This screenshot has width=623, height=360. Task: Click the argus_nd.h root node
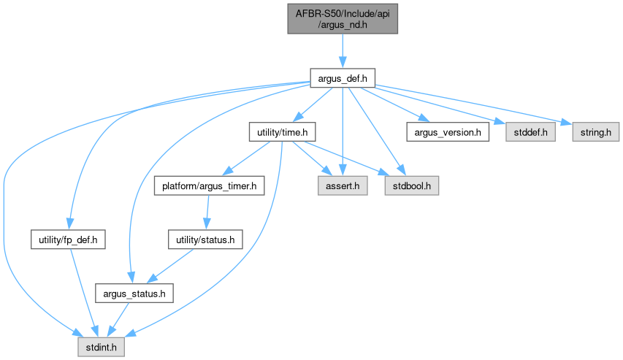[x=343, y=18]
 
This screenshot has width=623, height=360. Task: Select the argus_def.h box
[x=343, y=77]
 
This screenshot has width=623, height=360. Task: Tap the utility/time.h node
[x=282, y=132]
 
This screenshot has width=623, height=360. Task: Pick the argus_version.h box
[x=447, y=132]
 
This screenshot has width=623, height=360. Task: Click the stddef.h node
[x=524, y=132]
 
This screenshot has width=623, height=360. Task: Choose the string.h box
[x=590, y=132]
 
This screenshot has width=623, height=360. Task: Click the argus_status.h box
[x=134, y=294]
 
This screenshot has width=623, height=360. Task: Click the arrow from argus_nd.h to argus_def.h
[x=343, y=50]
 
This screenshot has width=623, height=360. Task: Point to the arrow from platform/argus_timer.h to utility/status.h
[x=207, y=213]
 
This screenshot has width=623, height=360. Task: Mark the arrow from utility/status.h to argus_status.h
[x=172, y=267]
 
